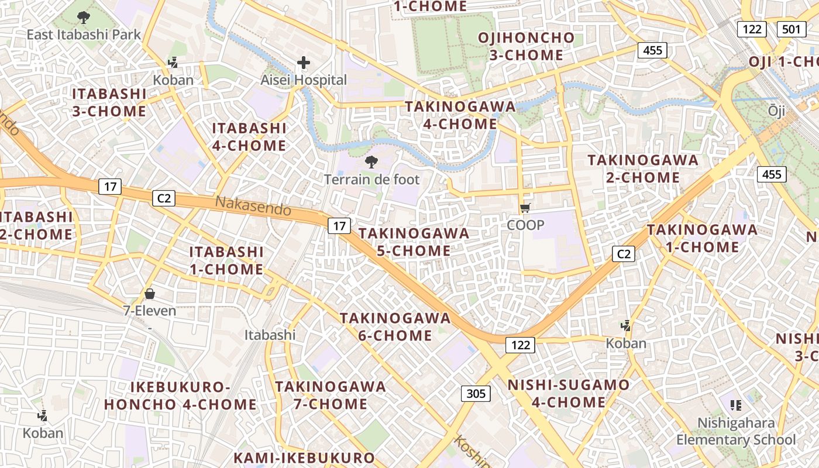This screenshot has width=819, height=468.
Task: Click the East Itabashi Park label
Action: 84,35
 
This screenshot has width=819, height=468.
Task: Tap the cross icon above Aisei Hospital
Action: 304,62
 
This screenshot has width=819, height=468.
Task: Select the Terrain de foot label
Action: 372,179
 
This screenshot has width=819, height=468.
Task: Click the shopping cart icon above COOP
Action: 525,208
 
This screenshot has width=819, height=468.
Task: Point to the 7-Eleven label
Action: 150,311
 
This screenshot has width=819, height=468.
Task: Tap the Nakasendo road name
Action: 253,205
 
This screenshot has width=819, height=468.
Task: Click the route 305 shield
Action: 476,394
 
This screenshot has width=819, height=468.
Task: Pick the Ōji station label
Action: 776,111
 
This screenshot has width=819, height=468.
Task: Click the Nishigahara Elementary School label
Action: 736,431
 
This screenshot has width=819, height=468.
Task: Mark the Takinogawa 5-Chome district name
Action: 414,242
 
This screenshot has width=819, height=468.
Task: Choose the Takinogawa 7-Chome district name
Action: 331,395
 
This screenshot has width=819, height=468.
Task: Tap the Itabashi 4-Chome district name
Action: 249,137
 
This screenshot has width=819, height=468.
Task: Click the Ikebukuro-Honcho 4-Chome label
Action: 180,395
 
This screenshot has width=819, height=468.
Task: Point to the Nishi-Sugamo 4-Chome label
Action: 569,394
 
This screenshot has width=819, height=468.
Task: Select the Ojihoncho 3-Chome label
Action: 526,47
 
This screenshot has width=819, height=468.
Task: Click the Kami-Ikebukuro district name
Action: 304,458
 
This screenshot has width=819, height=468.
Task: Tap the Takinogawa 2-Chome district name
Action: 643,168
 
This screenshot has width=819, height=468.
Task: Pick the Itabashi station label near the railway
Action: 270,335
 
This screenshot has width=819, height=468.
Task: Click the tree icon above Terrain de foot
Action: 371,162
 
